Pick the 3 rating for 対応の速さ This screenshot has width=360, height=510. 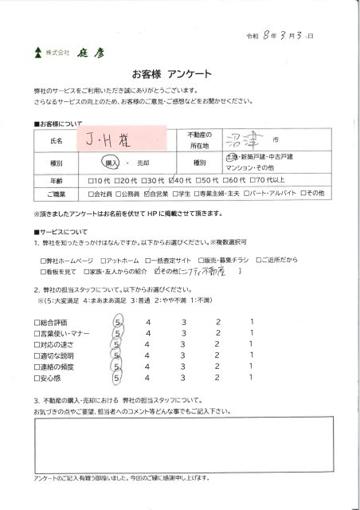184,343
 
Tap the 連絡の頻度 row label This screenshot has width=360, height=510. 58,366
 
